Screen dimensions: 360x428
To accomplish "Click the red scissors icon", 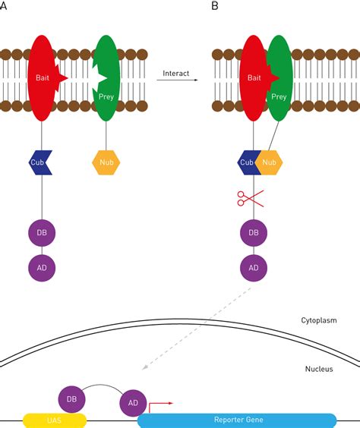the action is tap(250, 198).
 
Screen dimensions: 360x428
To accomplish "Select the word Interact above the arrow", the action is tap(176, 74).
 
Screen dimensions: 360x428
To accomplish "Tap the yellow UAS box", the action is tap(55, 420).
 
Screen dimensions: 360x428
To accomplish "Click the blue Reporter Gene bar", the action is tap(237, 420).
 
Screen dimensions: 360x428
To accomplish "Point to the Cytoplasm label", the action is tap(319, 320).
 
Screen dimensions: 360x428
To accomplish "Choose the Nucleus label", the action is tap(319, 369).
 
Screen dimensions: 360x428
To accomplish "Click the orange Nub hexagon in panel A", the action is tap(106, 162).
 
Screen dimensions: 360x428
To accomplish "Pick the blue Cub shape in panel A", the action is tap(40, 162).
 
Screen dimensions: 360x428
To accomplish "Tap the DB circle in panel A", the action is tap(42, 233).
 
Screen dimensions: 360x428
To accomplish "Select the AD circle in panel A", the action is tap(42, 268).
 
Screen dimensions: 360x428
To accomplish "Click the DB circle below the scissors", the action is tap(254, 233).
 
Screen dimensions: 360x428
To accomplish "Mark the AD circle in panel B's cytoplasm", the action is tap(254, 268).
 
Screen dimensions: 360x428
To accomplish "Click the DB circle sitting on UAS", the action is tap(72, 399).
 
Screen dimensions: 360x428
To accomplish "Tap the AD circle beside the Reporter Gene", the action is tap(133, 403).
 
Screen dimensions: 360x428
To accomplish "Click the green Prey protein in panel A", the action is tap(106, 78).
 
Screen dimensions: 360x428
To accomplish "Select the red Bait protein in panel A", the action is tap(42, 78).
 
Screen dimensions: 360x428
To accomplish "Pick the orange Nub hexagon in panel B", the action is tap(270, 162).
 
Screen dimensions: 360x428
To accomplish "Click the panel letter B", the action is tap(215, 6).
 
